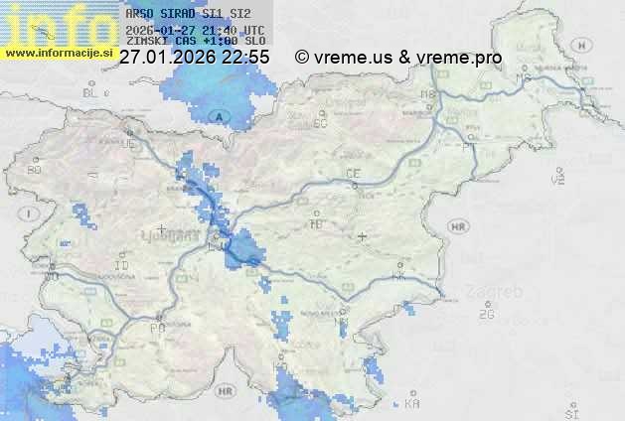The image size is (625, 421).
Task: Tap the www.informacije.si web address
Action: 60,52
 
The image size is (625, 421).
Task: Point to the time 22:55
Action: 245,58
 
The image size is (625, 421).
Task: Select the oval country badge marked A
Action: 222,117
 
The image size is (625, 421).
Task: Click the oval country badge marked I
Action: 31,213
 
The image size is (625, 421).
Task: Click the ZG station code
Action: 487,315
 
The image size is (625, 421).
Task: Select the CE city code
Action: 352,174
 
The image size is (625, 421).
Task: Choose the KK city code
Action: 398,277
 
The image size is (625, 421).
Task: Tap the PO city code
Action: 156,327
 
